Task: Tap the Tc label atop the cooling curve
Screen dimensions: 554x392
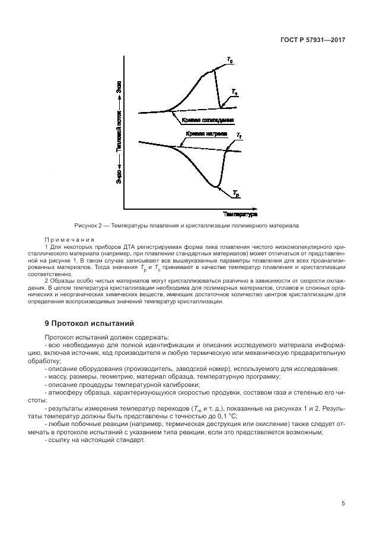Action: coord(230,59)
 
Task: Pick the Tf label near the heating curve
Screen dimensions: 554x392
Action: coord(239,136)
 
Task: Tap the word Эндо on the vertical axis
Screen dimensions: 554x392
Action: coord(119,177)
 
